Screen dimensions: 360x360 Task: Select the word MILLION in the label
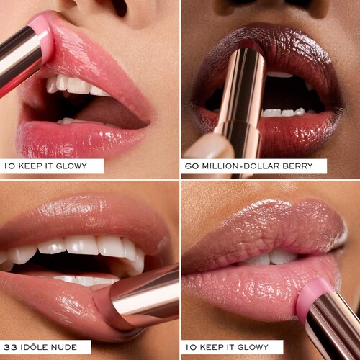221,166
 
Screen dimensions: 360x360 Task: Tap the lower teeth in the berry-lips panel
287,112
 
